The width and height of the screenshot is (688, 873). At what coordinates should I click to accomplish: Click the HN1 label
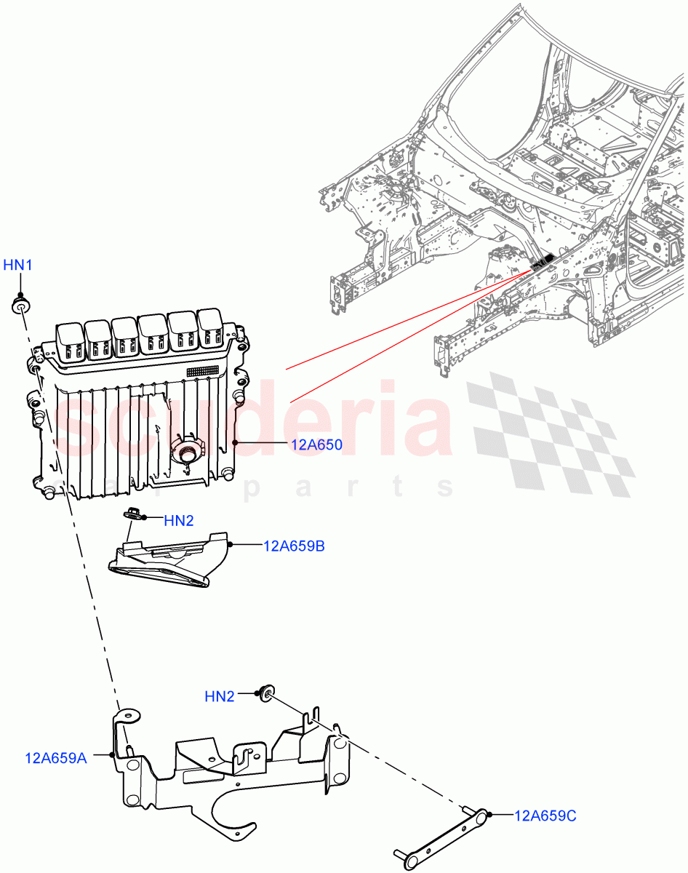18,266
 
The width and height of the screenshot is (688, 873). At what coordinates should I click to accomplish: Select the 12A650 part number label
317,445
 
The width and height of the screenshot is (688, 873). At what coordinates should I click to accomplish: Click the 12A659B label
294,546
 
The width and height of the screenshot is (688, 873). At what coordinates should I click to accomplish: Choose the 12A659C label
545,816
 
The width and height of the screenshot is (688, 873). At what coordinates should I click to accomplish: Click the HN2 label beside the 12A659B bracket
179,520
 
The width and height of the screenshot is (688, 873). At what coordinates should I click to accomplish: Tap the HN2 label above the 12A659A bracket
220,696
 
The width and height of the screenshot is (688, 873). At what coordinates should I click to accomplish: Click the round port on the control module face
187,453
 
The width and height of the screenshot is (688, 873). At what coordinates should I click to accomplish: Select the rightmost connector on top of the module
210,330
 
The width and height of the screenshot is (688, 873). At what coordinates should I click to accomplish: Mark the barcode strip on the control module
202,371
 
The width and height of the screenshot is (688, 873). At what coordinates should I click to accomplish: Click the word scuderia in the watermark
255,422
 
